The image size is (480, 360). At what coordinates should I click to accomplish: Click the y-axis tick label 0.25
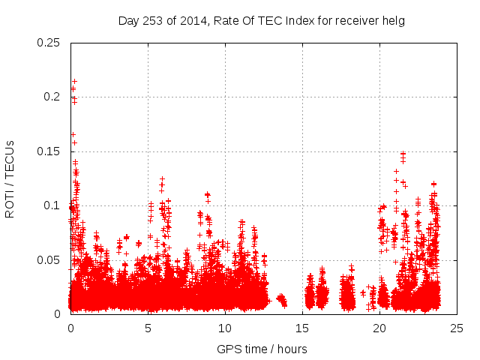[x=49, y=42]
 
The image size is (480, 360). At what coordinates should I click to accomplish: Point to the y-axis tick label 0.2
[x=52, y=97]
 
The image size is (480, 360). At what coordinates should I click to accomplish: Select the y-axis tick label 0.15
[x=49, y=151]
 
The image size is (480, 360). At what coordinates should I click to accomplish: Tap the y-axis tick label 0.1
[x=52, y=205]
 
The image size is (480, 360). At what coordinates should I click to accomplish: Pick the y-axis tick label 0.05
[x=49, y=259]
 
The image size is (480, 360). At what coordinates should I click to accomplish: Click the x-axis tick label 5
[x=148, y=328]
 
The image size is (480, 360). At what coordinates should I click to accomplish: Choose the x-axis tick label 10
[x=225, y=328]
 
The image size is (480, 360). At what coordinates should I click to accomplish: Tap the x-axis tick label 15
[x=302, y=328]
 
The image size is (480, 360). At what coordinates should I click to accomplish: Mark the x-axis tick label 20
[x=379, y=328]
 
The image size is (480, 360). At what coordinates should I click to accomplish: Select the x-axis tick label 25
[x=457, y=328]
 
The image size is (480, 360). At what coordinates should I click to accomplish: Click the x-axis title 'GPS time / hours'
[x=262, y=349]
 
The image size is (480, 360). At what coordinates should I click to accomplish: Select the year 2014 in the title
[x=193, y=21]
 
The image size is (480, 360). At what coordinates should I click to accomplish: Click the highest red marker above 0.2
[x=74, y=81]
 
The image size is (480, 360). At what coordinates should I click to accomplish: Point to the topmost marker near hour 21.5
[x=403, y=154]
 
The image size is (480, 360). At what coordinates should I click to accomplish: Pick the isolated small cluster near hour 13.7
[x=281, y=299]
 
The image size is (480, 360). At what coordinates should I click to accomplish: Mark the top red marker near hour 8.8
[x=207, y=194]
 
